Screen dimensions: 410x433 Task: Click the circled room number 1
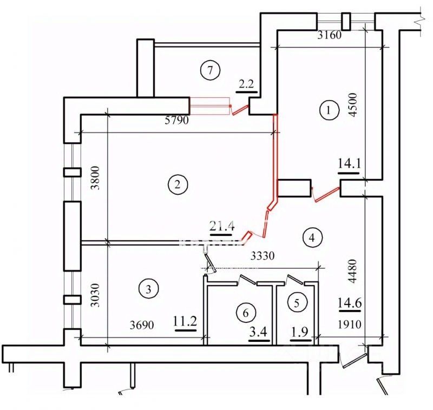(327, 111)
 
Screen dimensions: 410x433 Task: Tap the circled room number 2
(177, 185)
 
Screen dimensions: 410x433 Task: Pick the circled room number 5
(296, 302)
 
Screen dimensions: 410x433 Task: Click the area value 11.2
(184, 322)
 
